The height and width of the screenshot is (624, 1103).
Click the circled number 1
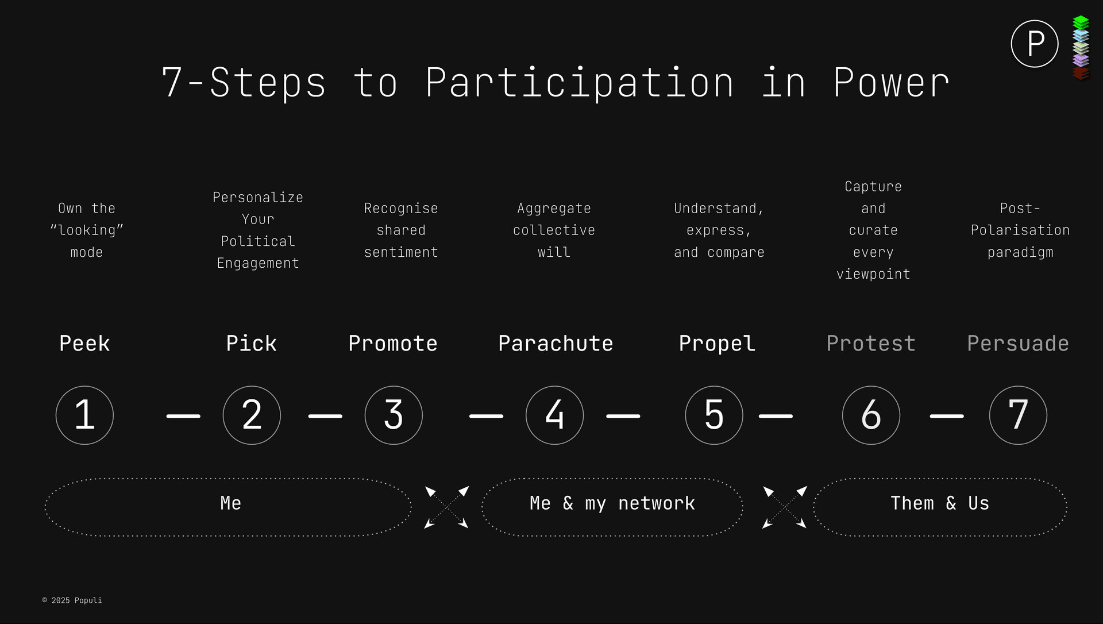[x=84, y=415]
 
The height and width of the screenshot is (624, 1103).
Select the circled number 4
[x=554, y=415]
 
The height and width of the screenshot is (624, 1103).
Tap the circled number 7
[x=1018, y=415]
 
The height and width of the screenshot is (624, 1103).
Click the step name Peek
[x=84, y=344]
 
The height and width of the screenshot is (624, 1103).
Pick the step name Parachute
[x=556, y=344]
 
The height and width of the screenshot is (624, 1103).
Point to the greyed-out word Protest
[x=871, y=344]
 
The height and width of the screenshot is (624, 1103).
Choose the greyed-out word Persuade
[x=1018, y=344]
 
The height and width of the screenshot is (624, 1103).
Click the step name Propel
[x=717, y=344]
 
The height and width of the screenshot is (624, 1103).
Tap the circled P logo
[x=1035, y=44]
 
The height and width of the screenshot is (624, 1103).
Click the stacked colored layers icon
[x=1081, y=48]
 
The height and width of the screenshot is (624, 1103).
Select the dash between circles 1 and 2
[x=183, y=416]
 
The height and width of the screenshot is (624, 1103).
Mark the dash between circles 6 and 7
[x=947, y=416]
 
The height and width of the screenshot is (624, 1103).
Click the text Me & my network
[x=612, y=503]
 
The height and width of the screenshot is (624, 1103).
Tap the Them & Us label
[x=940, y=503]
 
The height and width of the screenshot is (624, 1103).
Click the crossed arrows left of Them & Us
[x=784, y=507]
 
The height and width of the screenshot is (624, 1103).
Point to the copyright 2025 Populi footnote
[x=72, y=600]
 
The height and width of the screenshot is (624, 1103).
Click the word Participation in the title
[x=580, y=83]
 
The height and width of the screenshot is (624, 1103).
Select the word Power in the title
[x=891, y=83]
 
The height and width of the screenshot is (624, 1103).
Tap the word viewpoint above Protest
[x=873, y=274]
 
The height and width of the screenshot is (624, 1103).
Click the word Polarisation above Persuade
[x=1020, y=230]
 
